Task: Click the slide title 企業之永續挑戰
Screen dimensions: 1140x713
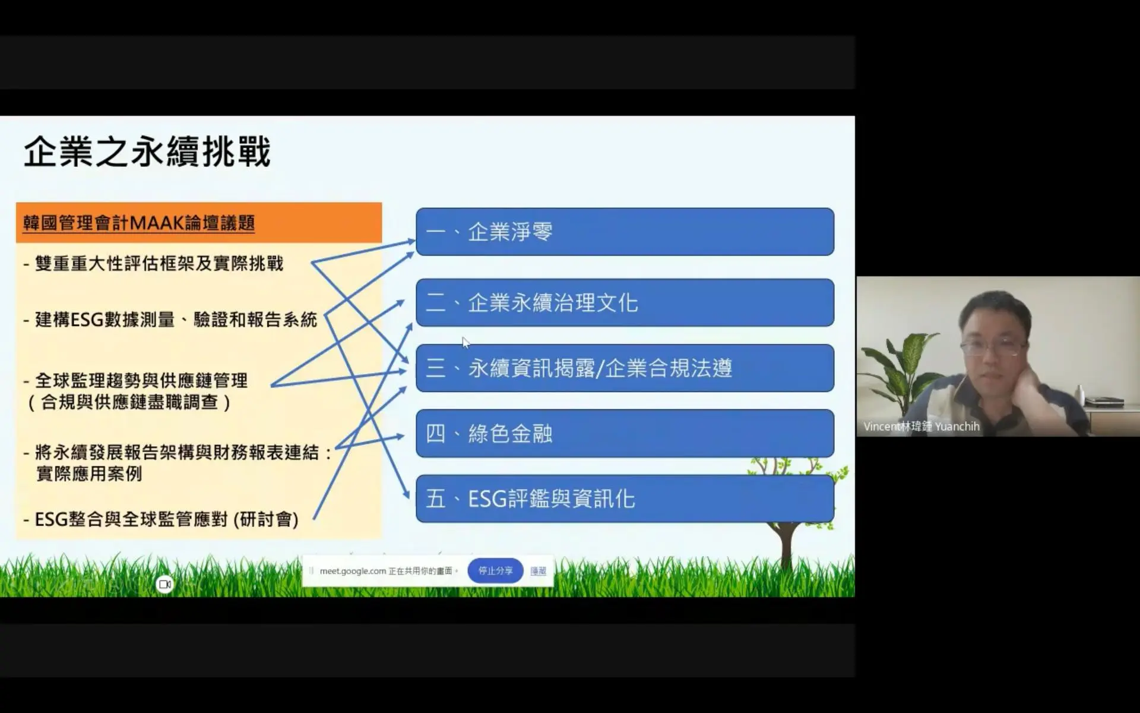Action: (x=147, y=152)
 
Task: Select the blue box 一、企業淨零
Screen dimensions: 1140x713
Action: (x=625, y=232)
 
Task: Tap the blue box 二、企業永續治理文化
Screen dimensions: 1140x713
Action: (x=625, y=302)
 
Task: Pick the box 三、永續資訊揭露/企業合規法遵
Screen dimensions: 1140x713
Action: (x=625, y=368)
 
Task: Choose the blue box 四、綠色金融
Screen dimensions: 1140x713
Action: (x=625, y=433)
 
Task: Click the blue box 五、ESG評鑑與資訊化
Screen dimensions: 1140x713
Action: (x=625, y=499)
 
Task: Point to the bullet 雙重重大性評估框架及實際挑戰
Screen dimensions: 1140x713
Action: (x=153, y=263)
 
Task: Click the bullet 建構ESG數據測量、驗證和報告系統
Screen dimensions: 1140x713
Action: (x=170, y=320)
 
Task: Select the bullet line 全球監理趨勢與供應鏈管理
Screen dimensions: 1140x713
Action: (x=135, y=380)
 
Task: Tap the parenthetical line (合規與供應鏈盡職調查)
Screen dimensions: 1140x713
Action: (x=129, y=402)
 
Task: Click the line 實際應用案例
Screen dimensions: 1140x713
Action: (x=89, y=474)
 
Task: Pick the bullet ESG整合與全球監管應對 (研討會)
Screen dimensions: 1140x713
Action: (x=161, y=519)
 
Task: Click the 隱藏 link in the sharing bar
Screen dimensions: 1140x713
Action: (x=539, y=570)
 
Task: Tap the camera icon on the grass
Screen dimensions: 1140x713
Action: (x=165, y=585)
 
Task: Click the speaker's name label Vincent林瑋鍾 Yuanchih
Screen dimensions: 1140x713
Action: (x=921, y=426)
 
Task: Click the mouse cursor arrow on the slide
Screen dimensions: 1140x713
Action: (x=465, y=342)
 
